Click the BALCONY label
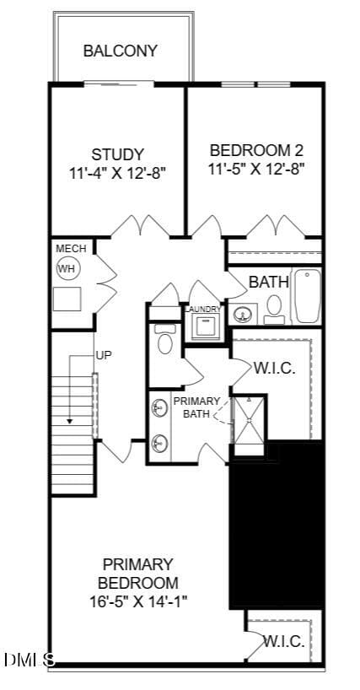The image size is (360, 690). [x=120, y=51]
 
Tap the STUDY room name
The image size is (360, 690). [x=117, y=154]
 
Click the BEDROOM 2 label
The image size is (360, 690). [x=256, y=150]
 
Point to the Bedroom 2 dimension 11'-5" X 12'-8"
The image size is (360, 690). [x=256, y=169]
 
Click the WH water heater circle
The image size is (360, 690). [x=68, y=268]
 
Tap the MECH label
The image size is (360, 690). [x=70, y=249]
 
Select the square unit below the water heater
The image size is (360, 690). [x=67, y=299]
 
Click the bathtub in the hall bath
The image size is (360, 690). [x=308, y=296]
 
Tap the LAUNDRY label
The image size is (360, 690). [x=202, y=310]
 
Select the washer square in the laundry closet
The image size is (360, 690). [x=206, y=327]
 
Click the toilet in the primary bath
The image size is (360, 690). [x=165, y=340]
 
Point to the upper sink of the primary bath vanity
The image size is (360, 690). [x=159, y=408]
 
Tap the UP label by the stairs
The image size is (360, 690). [x=104, y=354]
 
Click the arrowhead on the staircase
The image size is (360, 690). [x=69, y=422]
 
